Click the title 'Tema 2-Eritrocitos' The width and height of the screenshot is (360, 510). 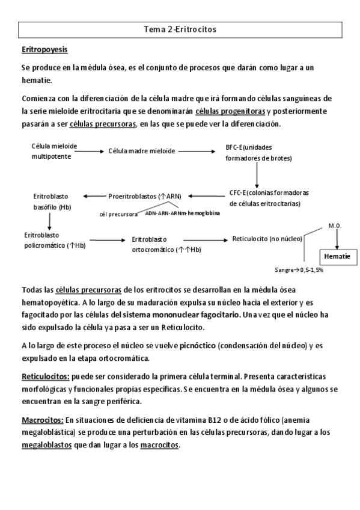point(180,28)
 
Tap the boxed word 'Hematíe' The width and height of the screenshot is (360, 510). point(337,256)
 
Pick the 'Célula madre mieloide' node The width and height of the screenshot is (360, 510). point(142,151)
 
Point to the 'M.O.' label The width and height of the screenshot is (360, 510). point(335,226)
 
